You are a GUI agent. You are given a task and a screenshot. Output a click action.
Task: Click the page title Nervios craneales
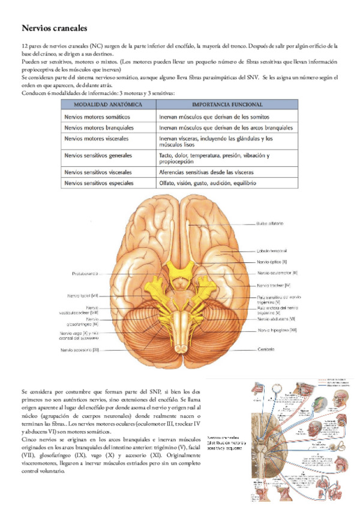(x=55, y=28)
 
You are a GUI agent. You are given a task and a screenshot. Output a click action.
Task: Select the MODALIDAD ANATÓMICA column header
(x=103, y=104)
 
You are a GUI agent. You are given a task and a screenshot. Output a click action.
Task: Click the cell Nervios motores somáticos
(x=100, y=116)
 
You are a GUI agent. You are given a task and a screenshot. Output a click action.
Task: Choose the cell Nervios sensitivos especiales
(x=99, y=182)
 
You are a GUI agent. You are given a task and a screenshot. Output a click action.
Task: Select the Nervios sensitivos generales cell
(x=100, y=155)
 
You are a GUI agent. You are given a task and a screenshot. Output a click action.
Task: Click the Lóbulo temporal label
(x=272, y=250)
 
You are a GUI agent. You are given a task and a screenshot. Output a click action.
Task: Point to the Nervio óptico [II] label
(x=272, y=262)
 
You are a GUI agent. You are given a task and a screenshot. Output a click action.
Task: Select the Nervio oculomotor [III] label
(x=277, y=273)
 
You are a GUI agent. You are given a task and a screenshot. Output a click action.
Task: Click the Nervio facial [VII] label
(x=83, y=295)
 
